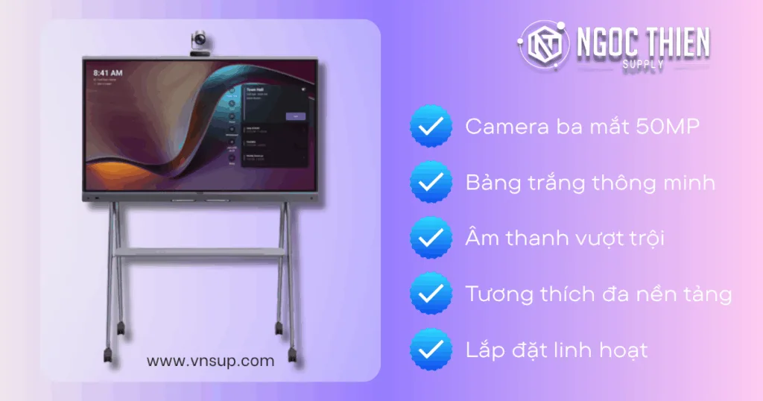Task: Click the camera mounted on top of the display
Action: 199,42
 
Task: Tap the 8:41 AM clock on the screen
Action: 107,74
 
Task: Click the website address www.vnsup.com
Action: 210,361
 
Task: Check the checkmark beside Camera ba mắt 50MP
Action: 431,126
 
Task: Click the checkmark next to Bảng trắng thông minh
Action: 431,181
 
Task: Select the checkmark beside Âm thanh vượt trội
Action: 431,238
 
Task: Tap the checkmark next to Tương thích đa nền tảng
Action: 431,293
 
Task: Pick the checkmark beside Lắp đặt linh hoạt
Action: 431,349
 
